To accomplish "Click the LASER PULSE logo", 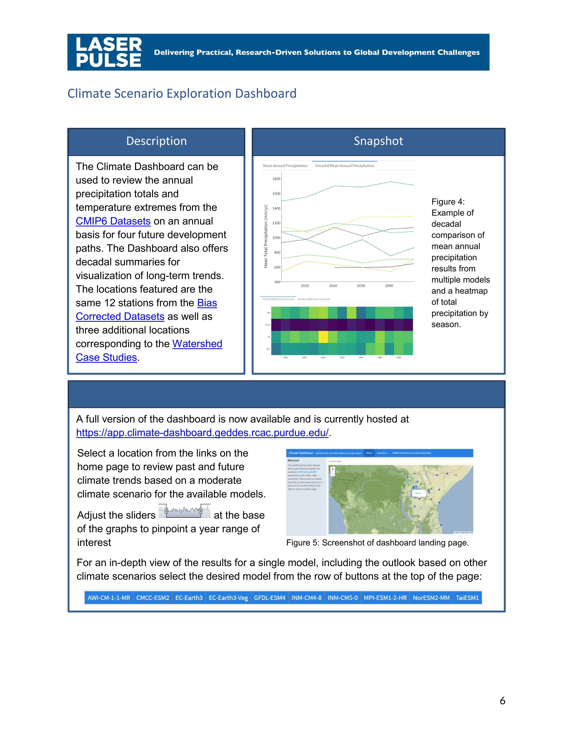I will (x=109, y=52).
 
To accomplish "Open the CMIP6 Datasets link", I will (x=113, y=221).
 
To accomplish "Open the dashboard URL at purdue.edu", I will (x=202, y=433).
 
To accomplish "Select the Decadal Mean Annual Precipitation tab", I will (x=344, y=166).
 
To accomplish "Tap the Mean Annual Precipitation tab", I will (x=285, y=166).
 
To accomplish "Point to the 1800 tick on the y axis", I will (x=276, y=179).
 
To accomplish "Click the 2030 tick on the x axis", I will (x=361, y=286).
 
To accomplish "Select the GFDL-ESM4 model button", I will (x=269, y=598).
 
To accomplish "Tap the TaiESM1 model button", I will (x=467, y=598).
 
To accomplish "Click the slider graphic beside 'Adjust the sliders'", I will (x=184, y=511).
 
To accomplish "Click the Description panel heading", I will (x=156, y=141).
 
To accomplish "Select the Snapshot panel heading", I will (x=378, y=141).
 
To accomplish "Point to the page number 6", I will (x=502, y=701).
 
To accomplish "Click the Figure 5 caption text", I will (x=377, y=543).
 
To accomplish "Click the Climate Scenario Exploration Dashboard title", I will (x=182, y=94).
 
